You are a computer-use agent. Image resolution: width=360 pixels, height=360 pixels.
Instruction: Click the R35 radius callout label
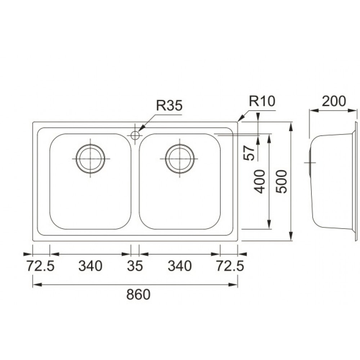[169, 105]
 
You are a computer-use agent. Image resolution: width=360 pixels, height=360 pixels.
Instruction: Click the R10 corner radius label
[262, 101]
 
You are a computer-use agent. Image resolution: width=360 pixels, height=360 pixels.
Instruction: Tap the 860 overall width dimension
[138, 294]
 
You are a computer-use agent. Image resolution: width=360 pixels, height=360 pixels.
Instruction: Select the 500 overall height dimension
[282, 181]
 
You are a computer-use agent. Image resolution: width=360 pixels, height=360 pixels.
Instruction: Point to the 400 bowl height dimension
[260, 181]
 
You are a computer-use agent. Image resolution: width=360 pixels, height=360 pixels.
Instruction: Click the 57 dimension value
[249, 153]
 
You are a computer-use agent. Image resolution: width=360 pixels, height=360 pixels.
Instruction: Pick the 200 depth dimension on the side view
[334, 101]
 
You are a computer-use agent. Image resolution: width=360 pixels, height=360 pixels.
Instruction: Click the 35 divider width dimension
[135, 266]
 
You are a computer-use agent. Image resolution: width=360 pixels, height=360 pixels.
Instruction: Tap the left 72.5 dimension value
[41, 266]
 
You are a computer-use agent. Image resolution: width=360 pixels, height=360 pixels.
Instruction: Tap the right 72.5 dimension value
[230, 266]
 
